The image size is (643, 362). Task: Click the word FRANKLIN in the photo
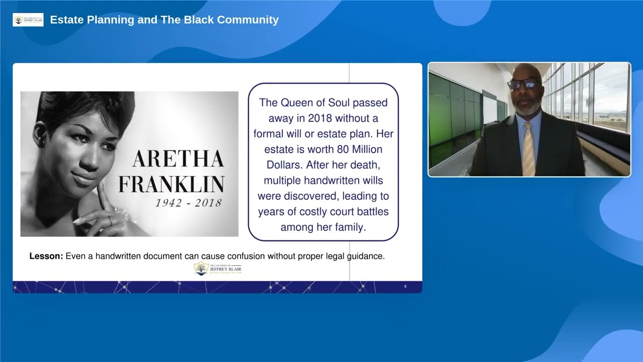pyautogui.click(x=171, y=184)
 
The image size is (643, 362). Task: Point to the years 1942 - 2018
pyautogui.click(x=188, y=203)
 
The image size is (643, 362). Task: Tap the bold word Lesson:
pyautogui.click(x=46, y=256)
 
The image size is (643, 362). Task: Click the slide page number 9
pyautogui.click(x=405, y=287)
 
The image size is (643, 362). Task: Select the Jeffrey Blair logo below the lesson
pyautogui.click(x=218, y=269)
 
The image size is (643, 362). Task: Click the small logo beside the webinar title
pyautogui.click(x=28, y=20)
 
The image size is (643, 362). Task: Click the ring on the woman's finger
pyautogui.click(x=110, y=218)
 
